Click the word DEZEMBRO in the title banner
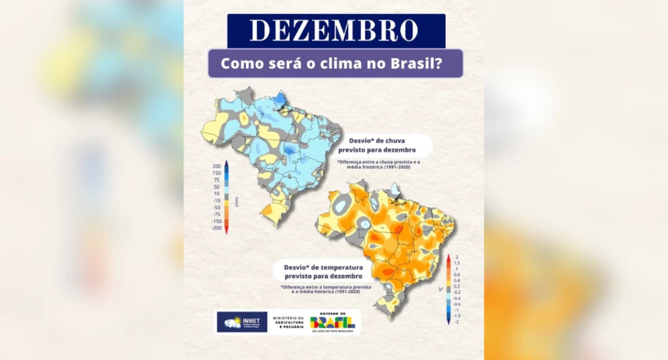pos(336,31)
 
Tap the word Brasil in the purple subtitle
pos(417,63)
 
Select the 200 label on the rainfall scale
pos(217,166)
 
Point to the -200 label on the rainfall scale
pos(216,228)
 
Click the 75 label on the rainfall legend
pos(217,180)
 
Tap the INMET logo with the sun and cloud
pos(242,322)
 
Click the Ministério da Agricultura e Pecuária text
pos(288,322)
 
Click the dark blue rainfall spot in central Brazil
pos(289,151)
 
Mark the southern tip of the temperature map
pos(390,317)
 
